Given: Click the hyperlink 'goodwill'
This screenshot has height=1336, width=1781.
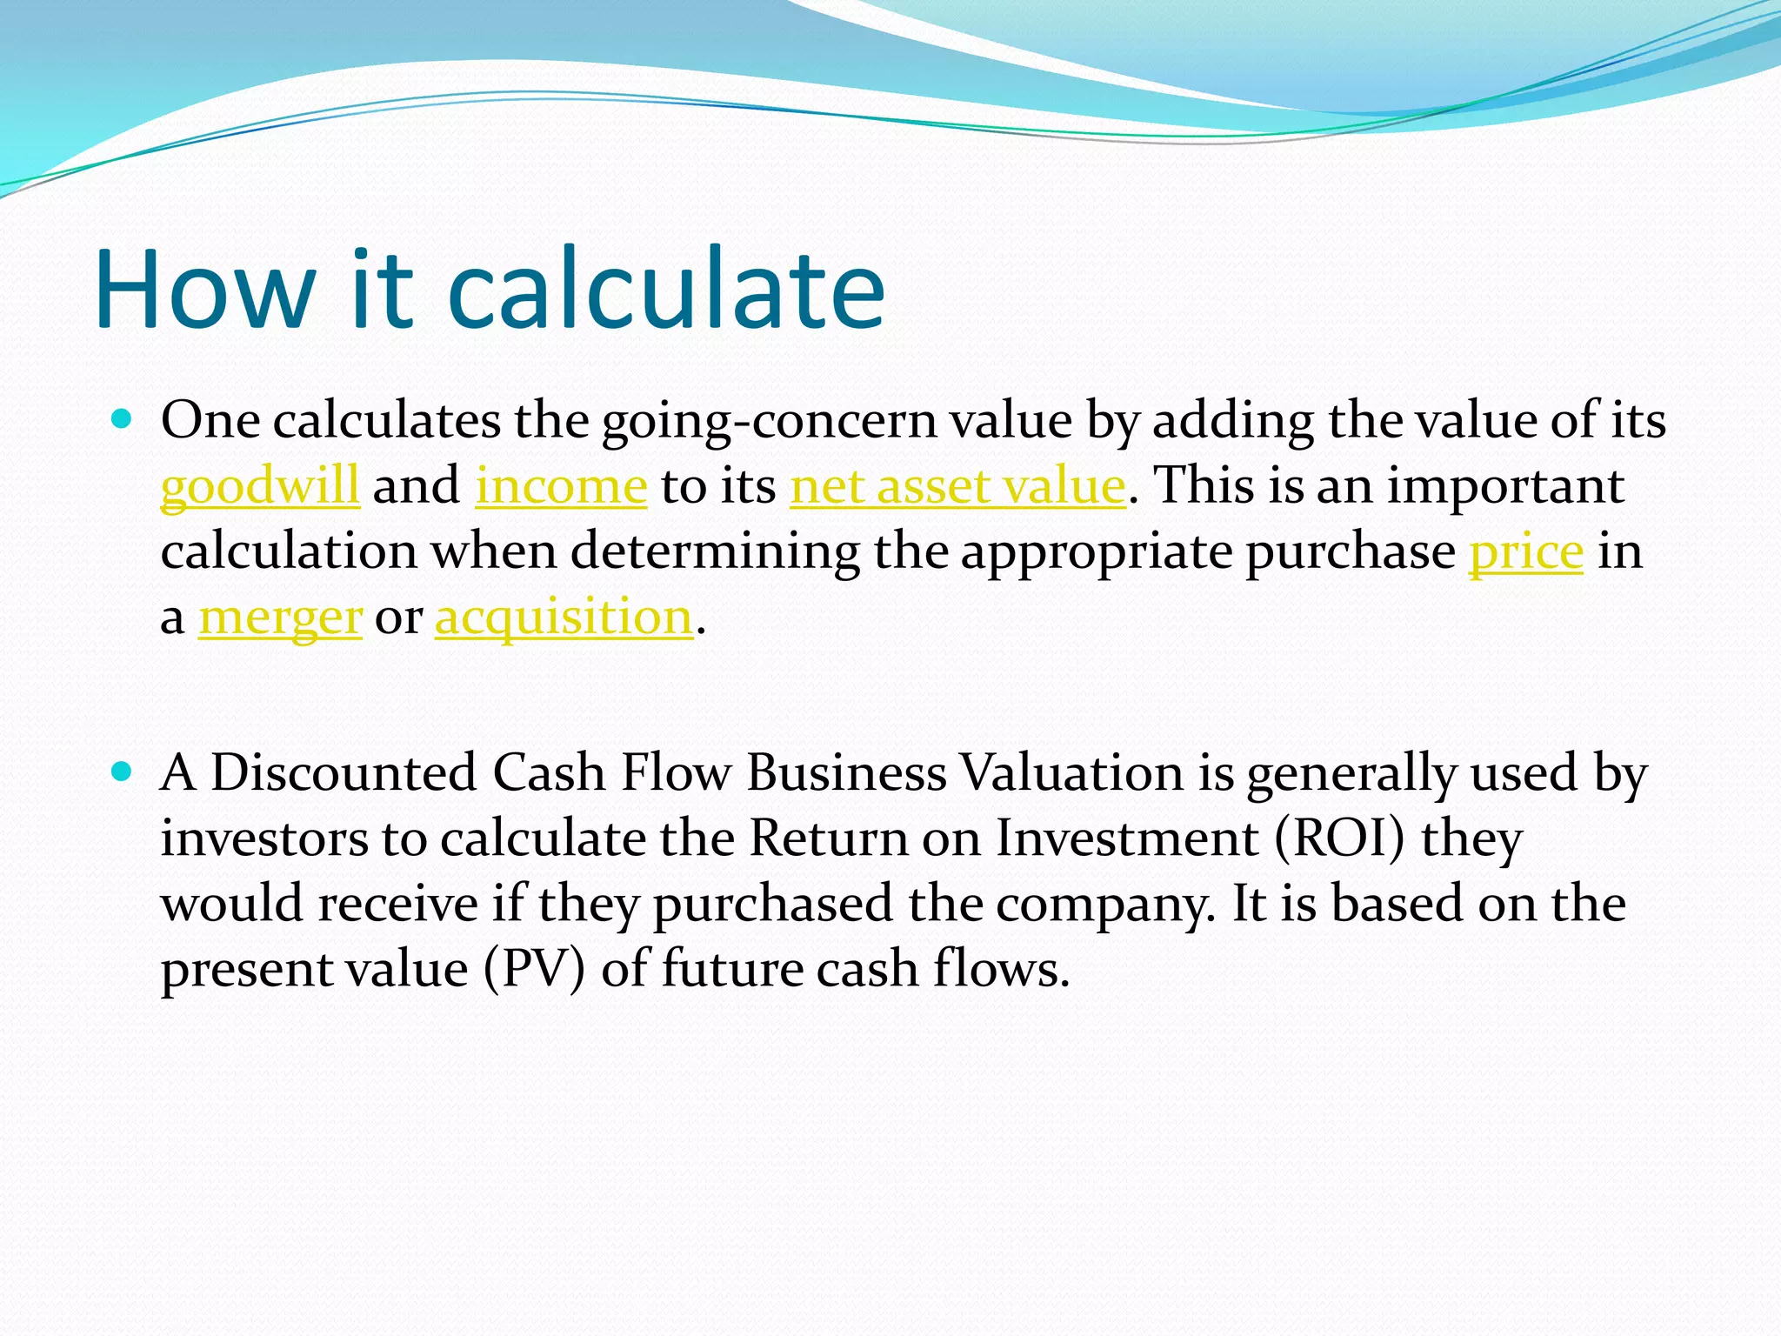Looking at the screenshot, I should (x=259, y=485).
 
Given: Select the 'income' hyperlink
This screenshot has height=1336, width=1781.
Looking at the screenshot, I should (x=561, y=485).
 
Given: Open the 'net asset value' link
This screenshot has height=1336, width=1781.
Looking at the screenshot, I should (x=957, y=485).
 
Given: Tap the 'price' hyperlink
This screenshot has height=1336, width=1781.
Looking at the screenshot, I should (x=1526, y=551).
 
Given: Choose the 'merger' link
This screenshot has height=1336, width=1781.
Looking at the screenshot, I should (x=280, y=618).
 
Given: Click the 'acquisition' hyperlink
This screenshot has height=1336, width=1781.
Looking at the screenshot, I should (x=564, y=618).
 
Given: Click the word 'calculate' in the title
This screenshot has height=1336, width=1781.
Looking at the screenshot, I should (x=665, y=289).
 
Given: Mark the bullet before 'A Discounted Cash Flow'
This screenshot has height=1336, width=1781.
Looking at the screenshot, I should (x=122, y=772).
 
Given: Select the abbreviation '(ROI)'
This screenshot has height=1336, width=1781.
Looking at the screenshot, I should (x=1340, y=838).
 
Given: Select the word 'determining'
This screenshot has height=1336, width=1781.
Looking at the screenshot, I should (x=715, y=551).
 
